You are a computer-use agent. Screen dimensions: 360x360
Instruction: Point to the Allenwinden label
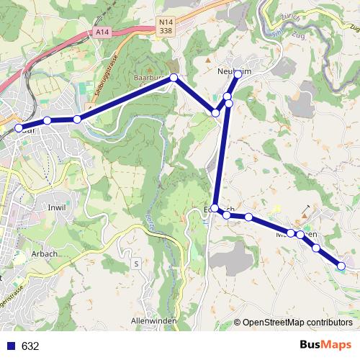point(154,319)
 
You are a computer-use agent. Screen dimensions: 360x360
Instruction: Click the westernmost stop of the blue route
point(19,128)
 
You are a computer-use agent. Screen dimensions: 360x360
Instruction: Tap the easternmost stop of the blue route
point(341,266)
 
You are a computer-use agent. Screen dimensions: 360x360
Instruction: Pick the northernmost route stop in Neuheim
point(238,74)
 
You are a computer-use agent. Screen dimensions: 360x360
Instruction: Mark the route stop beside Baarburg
point(174,77)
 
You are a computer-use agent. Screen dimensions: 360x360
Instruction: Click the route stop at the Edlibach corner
point(215,208)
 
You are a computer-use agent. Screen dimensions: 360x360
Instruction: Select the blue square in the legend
point(10,346)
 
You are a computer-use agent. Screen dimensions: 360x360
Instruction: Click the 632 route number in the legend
point(30,346)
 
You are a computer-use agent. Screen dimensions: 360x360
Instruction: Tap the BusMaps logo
point(325,346)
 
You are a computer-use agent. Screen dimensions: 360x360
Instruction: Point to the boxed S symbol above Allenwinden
point(136,264)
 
